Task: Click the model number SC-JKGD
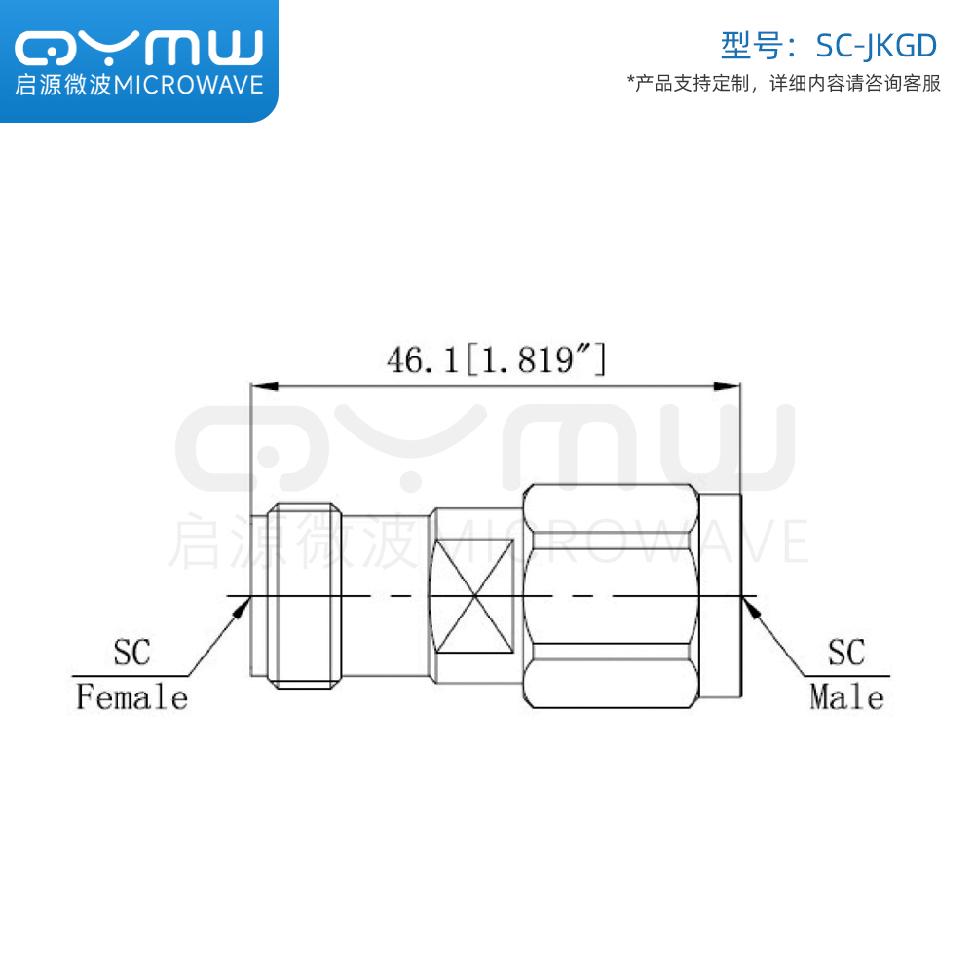coord(876,46)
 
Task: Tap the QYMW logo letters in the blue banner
coord(139,47)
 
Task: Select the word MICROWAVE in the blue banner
coord(189,85)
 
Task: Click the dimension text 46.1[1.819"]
coord(496,359)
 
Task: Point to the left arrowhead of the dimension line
coord(264,387)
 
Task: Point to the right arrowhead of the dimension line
coord(727,387)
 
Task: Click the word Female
coord(131,696)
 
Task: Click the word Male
coord(846,696)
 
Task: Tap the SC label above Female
coord(131,652)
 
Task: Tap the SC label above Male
coord(846,652)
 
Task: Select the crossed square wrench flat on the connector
coord(474,596)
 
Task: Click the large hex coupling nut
coord(612,596)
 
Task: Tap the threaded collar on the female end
coord(304,596)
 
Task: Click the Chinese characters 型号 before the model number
coord(752,46)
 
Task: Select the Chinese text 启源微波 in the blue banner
coord(63,85)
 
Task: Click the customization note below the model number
coord(784,83)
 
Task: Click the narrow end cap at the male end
coord(720,596)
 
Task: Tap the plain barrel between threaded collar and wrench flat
coord(385,596)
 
